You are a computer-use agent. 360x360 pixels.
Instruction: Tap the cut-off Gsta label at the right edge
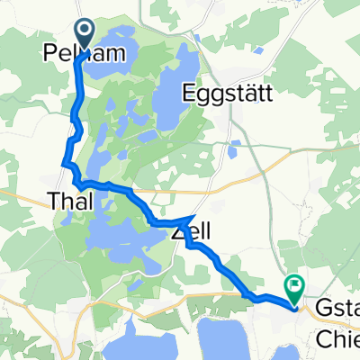pyautogui.click(x=338, y=305)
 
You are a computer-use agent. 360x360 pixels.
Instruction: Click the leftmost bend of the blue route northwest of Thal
pyautogui.click(x=65, y=163)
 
